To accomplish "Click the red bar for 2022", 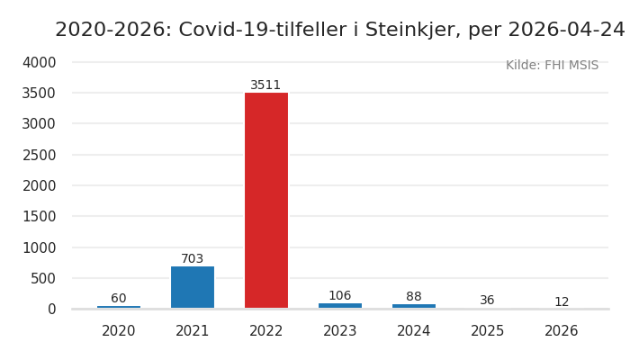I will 266,200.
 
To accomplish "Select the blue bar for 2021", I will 193,287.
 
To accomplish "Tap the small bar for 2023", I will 340,306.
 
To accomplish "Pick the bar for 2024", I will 414,306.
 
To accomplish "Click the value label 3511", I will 265,85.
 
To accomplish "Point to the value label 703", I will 193,259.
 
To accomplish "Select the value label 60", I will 119,299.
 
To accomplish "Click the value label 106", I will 340,296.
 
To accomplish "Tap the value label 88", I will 414,297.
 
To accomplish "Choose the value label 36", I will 487,301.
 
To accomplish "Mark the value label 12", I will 562,302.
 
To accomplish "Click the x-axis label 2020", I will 119,331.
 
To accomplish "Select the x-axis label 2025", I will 488,331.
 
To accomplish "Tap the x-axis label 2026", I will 562,331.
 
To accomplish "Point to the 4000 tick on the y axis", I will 40,62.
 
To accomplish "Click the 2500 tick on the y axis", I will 40,155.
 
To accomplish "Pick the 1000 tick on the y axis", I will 40,247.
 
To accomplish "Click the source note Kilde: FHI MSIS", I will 552,66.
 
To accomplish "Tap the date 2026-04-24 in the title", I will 566,30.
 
